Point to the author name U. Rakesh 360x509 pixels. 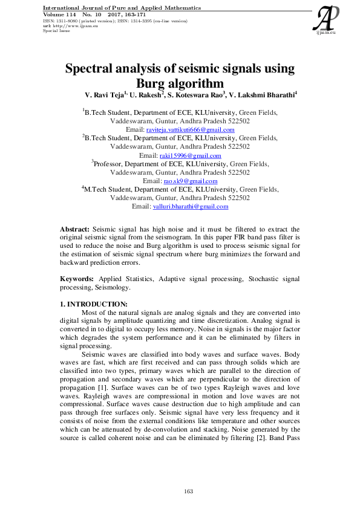147,95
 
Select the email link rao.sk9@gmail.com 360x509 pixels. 190,181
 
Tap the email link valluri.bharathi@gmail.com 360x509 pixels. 190,206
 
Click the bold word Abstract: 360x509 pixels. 74,229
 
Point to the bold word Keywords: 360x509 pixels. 76,278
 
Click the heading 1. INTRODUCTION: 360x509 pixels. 94,303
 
